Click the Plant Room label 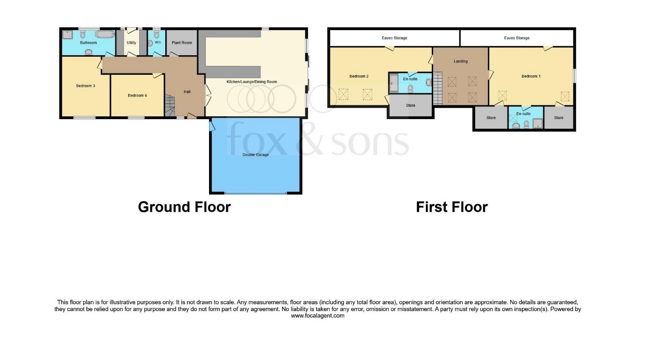(182, 43)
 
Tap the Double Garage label (256, 155)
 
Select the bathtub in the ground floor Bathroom (105, 35)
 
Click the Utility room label (131, 43)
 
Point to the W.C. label (158, 42)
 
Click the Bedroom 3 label (85, 86)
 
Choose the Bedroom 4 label (137, 95)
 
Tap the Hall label (187, 92)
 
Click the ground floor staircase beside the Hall (170, 105)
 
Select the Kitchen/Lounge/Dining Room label (251, 82)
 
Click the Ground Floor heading (184, 207)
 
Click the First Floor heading (452, 207)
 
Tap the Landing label (461, 61)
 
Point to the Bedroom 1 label (531, 76)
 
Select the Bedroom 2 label (359, 76)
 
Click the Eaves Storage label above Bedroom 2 (394, 38)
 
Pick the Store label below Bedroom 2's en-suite (410, 105)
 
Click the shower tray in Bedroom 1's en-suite (538, 124)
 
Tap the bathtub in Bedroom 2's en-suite (393, 83)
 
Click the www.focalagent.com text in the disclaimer (318, 316)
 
